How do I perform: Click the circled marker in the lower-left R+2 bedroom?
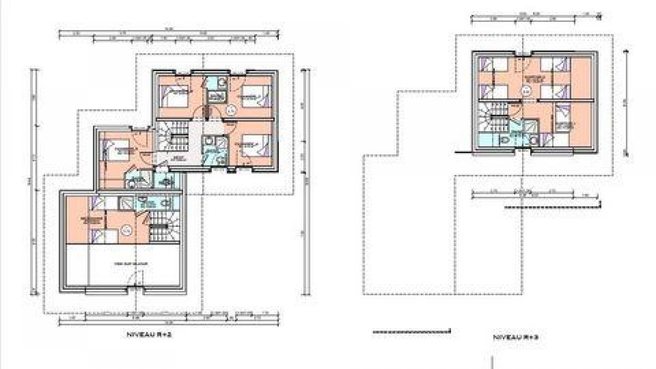pos(127,230)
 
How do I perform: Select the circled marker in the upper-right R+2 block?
pos(230,111)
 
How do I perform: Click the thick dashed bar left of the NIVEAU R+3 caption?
pos(411,331)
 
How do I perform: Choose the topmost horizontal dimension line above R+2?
pos(164,33)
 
